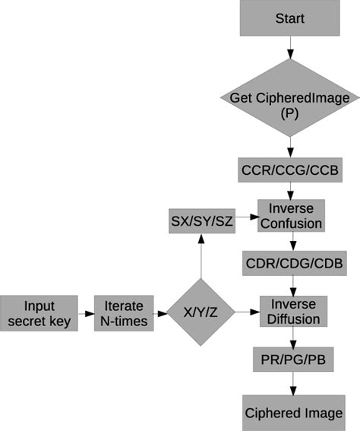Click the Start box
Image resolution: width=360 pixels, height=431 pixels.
click(289, 18)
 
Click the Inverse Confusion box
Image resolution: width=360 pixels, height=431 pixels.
click(291, 216)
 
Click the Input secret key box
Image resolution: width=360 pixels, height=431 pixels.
click(39, 313)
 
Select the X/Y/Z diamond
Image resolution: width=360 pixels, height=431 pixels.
click(200, 312)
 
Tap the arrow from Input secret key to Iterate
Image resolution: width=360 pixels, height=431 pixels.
click(85, 313)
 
